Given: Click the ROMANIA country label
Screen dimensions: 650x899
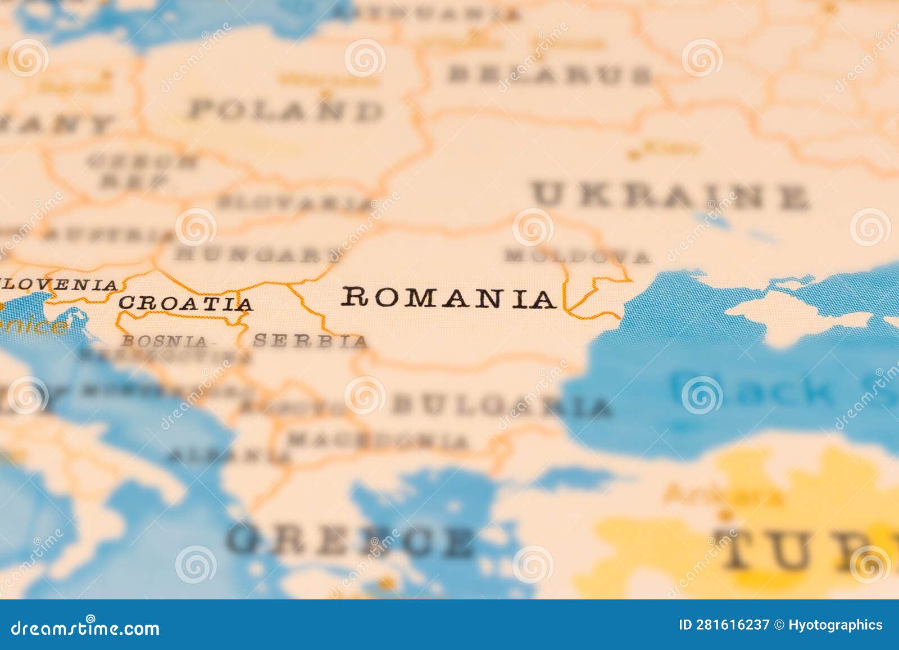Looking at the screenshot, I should coord(448,297).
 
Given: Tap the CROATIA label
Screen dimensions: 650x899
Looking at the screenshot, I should coord(185,304).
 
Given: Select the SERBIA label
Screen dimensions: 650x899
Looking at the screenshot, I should coord(310,341).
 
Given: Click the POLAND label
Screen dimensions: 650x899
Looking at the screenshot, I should coord(285,110).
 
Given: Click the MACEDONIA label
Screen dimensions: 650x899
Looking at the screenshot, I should coord(378,440).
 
